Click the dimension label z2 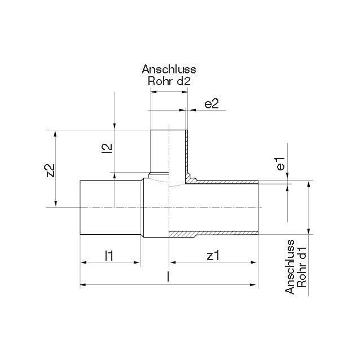click(x=51, y=170)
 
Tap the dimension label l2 click(x=108, y=148)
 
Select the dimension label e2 click(x=212, y=104)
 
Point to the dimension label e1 click(x=280, y=164)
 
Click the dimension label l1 click(x=109, y=256)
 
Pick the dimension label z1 click(x=213, y=256)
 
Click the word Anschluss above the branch click(x=169, y=69)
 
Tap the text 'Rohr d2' click(x=169, y=81)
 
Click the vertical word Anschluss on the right click(x=289, y=267)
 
